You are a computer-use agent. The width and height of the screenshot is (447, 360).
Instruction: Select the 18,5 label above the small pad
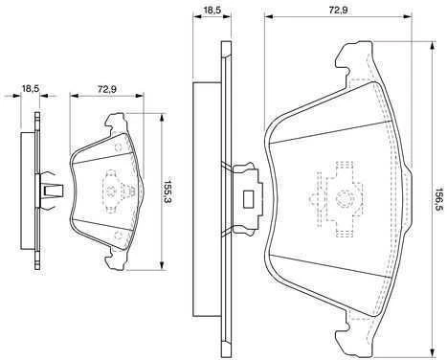(x=30, y=88)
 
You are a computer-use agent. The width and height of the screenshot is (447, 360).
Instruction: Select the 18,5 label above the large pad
(x=212, y=10)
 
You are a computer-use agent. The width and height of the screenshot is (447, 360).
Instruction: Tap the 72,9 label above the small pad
(x=107, y=89)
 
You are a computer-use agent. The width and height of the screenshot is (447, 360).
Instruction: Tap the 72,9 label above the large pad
(x=338, y=10)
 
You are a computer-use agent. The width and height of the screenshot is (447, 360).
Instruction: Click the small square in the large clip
(x=248, y=199)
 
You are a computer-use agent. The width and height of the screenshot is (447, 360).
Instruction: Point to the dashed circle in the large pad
(x=344, y=198)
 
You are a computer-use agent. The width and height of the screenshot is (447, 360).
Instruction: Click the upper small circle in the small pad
(x=118, y=147)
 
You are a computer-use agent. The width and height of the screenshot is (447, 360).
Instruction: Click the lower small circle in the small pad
(x=118, y=236)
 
